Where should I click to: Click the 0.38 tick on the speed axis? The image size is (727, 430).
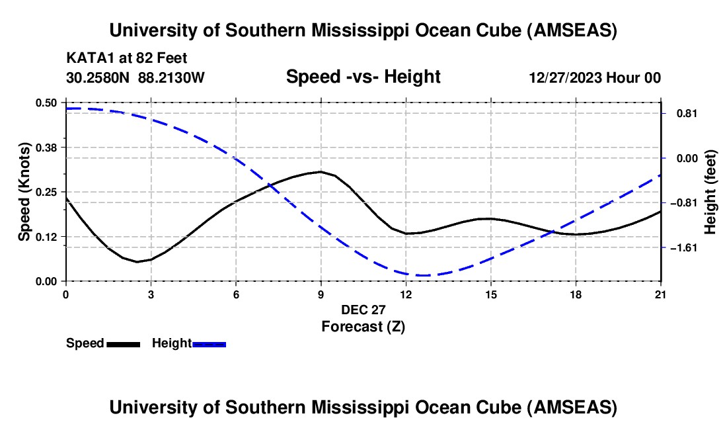coord(47,146)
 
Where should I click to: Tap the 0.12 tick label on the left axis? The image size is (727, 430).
coord(47,236)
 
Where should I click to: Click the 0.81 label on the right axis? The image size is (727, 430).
coord(685,113)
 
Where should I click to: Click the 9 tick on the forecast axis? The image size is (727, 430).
coord(321,293)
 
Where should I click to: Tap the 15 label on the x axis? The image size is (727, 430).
coord(490,293)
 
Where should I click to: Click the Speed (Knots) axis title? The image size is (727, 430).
coord(24,192)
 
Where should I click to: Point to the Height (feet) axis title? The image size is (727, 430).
coord(711,192)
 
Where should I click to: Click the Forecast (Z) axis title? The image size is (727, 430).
coord(363,326)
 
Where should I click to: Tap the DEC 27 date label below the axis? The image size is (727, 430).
coord(363,309)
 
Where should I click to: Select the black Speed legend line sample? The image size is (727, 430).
coord(123,343)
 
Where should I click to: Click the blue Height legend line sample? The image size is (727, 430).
coord(209,343)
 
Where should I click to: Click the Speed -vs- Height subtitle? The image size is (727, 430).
coord(363,77)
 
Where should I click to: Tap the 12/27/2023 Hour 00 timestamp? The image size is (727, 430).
coord(595,77)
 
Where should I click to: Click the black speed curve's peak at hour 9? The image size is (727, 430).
coord(321,171)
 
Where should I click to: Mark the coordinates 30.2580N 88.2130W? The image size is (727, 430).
coord(135,77)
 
